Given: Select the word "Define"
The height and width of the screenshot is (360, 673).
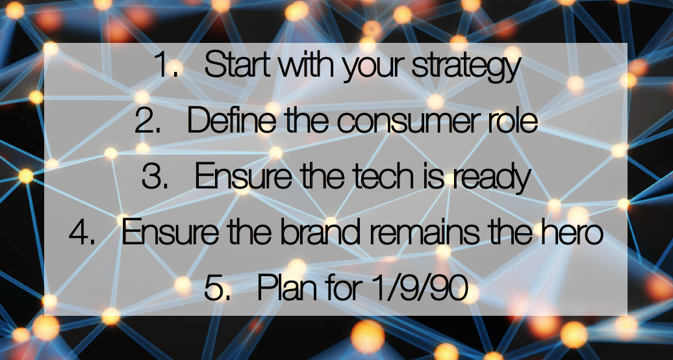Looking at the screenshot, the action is (232, 121).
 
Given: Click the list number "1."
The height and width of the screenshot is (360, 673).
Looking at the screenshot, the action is (166, 66).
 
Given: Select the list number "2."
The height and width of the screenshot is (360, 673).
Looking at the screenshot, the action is (148, 121).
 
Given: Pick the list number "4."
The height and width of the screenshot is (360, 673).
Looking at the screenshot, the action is (82, 233).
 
